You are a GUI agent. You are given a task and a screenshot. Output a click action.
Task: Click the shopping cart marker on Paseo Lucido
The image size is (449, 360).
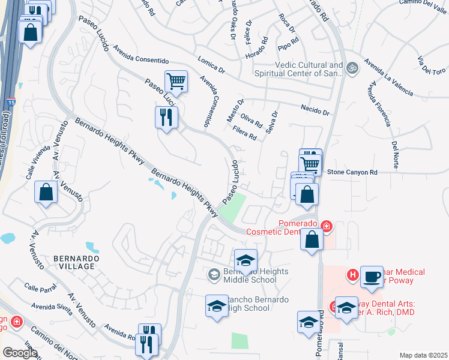coord(176,82)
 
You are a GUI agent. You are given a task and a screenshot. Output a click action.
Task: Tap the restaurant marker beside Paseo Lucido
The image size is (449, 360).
coord(166,117)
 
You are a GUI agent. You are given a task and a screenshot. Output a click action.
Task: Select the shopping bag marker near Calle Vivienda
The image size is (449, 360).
coord(46,193)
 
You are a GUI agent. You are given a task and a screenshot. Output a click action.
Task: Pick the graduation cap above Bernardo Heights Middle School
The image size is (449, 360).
coord(246,261)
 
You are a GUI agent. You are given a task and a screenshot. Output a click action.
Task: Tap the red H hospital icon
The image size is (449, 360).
coord(353,275)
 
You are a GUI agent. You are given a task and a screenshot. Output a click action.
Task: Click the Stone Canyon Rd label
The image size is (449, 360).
coord(352,172)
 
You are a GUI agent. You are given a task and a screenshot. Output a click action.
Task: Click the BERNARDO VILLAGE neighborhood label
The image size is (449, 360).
coord(74,262)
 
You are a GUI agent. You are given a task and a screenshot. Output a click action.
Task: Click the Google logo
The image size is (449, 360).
coord(20,353)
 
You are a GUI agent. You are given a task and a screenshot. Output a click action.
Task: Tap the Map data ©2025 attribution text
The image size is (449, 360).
coord(423,355)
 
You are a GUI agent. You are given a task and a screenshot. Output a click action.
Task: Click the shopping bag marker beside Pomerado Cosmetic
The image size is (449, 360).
coord(312,239)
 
